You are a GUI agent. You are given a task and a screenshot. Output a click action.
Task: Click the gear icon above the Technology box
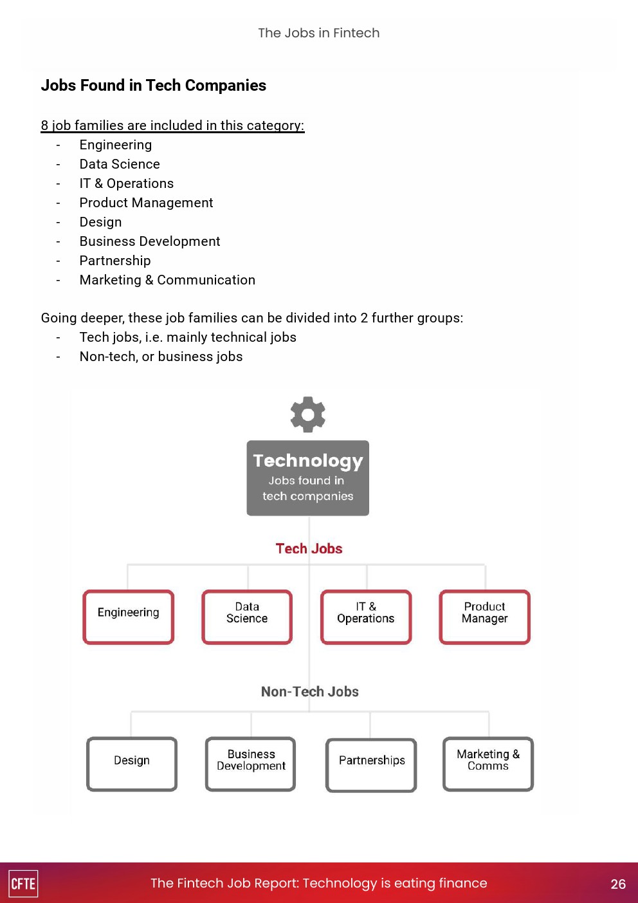[308, 414]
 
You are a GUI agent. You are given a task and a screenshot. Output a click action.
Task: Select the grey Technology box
[308, 478]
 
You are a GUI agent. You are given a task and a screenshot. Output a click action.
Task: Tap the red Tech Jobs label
[309, 548]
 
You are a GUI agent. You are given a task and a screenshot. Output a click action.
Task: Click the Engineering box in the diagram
[129, 617]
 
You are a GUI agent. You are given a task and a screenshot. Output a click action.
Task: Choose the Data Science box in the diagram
[247, 617]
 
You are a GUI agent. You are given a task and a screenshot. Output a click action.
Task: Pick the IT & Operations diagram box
[366, 617]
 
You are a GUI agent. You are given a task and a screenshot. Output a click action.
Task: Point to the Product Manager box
[485, 617]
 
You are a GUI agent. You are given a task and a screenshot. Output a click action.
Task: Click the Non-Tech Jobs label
[309, 691]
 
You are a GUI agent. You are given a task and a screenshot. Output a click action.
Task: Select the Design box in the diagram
[132, 763]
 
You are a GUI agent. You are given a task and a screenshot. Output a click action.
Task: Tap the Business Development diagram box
[251, 763]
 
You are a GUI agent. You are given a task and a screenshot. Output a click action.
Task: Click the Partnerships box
[371, 764]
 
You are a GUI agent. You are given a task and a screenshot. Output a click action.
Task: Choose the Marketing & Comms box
[488, 763]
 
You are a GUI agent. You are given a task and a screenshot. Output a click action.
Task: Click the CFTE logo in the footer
[23, 883]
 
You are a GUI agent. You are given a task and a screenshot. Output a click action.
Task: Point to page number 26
[618, 884]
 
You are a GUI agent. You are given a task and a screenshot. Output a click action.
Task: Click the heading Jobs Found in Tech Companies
[154, 85]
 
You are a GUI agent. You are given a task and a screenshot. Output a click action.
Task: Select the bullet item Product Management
[146, 203]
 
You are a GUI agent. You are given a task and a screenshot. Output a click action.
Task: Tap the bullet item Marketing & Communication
[167, 280]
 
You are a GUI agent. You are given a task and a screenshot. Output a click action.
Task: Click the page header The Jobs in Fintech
[319, 33]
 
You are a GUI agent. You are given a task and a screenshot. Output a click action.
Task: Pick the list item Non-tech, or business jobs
[161, 357]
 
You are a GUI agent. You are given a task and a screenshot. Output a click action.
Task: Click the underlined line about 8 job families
[172, 125]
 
